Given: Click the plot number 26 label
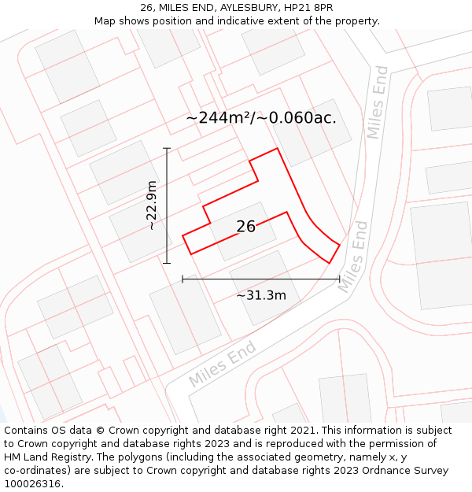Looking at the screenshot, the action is point(245,227).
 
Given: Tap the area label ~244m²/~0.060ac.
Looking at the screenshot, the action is point(261,118).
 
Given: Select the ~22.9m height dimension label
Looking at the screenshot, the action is point(152,205).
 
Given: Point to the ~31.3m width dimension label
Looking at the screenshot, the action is point(261,295).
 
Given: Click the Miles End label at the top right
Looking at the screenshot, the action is point(378,102).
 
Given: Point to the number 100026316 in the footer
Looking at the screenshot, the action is point(34,484).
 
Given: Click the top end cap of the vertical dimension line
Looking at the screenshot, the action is point(167,147).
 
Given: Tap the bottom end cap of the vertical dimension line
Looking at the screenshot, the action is point(167,263).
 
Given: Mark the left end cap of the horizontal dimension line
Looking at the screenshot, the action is point(183,278).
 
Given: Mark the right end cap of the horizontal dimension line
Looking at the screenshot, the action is point(339,278).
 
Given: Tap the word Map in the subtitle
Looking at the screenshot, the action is point(105,20).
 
